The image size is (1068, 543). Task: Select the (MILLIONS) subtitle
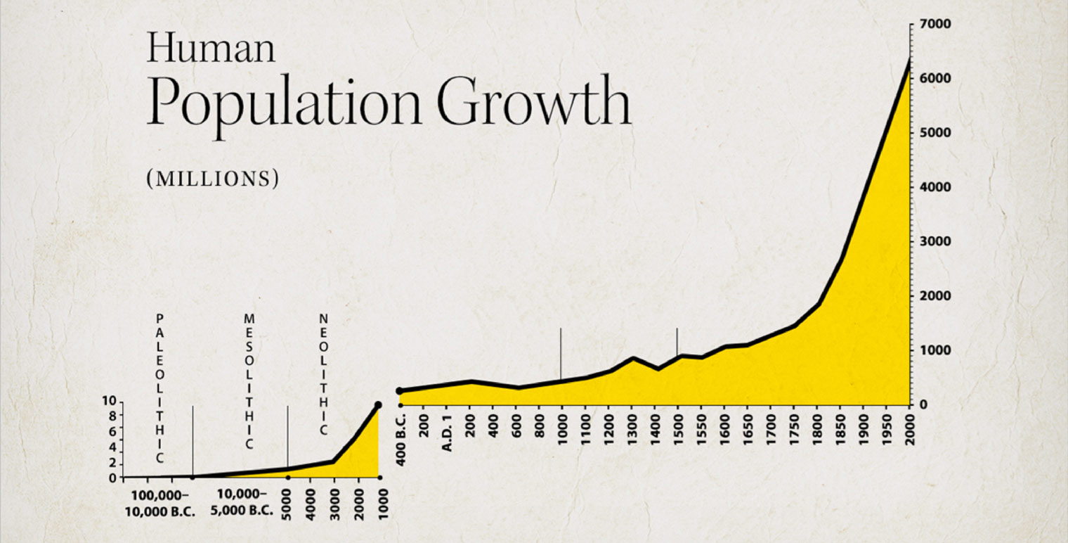212,179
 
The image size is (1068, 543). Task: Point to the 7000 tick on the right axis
931,25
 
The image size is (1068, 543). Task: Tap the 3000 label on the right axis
931,242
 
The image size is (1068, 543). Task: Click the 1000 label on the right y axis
931,350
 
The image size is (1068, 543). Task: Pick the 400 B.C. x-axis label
401,430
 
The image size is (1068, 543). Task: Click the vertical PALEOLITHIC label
160,389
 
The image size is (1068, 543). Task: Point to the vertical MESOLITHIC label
249,382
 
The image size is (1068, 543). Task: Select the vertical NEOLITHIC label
323,375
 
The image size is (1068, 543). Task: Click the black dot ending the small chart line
378,405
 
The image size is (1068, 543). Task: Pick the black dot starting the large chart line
399,391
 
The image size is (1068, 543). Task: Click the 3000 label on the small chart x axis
334,502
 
